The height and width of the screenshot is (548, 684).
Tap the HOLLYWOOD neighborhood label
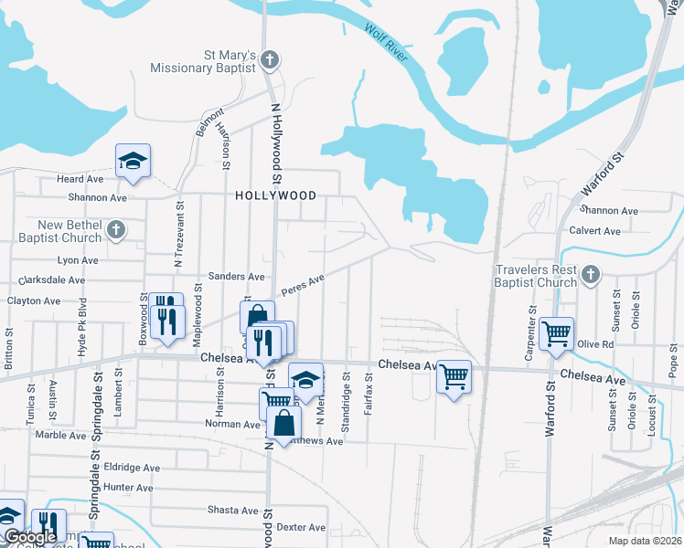point(275,195)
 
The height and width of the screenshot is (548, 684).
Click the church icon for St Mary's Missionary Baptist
point(269,60)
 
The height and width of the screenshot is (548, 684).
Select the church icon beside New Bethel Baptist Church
point(116,230)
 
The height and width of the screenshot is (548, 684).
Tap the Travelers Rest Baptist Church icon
point(591,275)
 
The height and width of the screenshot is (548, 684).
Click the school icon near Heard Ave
point(133,162)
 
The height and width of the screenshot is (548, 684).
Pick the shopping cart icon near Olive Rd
point(555,333)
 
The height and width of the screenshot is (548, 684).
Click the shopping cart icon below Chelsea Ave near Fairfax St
point(454,376)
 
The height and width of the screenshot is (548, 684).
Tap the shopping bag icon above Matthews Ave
point(285,423)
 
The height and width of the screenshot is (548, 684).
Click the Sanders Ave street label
point(236,276)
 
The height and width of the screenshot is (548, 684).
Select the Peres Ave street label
point(303,285)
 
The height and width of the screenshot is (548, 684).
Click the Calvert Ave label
point(595,230)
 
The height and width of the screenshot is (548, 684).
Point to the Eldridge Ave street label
point(132,468)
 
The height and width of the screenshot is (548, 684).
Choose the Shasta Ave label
point(233,510)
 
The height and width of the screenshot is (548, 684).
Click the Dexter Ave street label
point(301,527)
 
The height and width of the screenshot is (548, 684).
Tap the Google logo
point(30,537)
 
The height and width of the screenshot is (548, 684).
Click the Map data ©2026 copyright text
point(644,541)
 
